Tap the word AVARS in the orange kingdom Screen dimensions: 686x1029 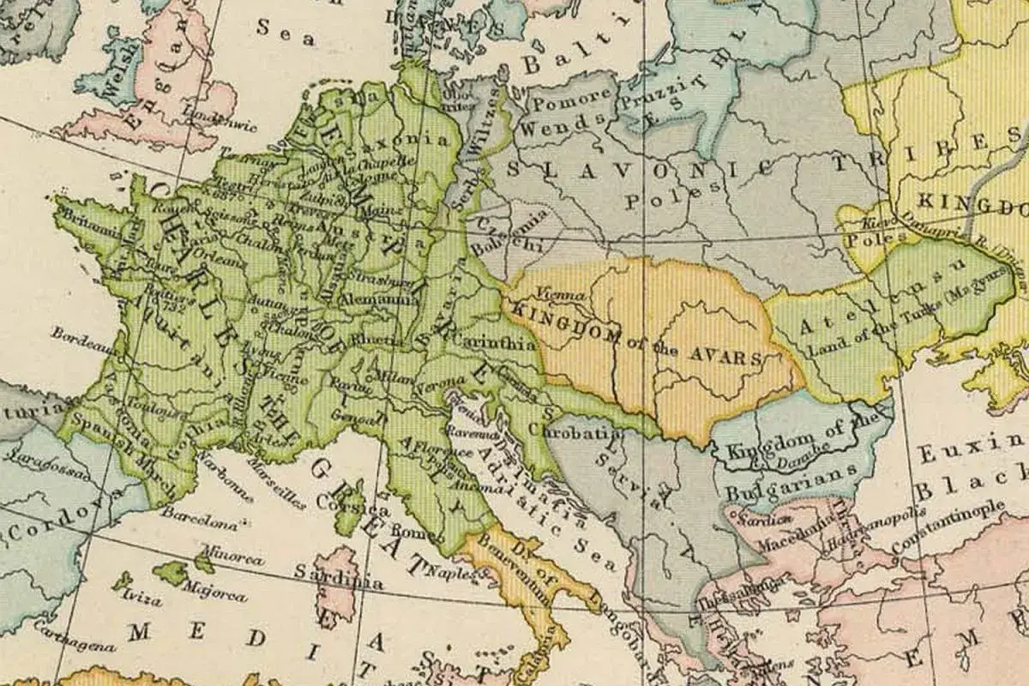click(730, 356)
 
